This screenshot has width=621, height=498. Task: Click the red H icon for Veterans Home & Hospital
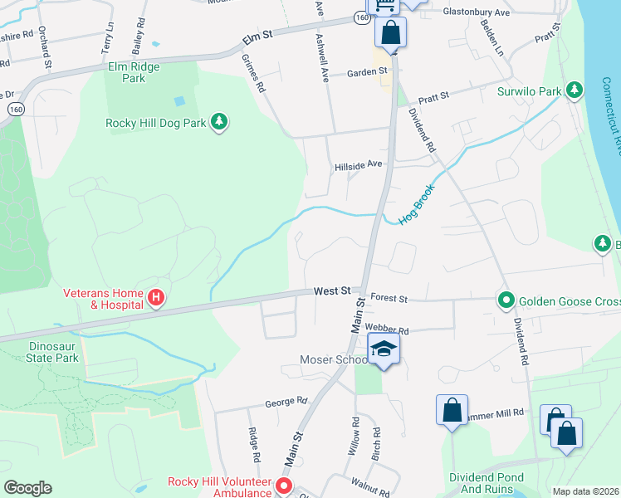(154, 297)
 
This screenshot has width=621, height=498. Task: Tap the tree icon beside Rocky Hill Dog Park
(219, 123)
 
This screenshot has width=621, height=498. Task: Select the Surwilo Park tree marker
(574, 90)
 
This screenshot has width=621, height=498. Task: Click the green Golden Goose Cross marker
(504, 299)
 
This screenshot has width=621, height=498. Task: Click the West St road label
(332, 291)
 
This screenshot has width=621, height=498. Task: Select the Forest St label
(389, 299)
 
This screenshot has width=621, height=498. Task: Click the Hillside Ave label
(357, 165)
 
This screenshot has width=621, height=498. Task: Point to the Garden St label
(367, 72)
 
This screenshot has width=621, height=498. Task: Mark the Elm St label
(257, 37)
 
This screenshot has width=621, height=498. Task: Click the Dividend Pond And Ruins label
(487, 484)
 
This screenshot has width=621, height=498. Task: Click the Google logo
(27, 488)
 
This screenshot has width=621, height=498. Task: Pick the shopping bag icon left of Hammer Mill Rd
(452, 410)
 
